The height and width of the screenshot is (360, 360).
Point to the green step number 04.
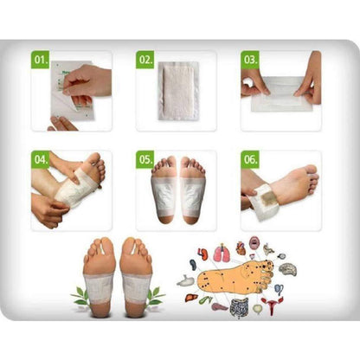point(40,160)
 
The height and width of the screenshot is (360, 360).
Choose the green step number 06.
point(249,160)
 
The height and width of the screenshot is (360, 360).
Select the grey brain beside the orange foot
point(288,269)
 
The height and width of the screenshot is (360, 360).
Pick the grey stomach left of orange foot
point(186,280)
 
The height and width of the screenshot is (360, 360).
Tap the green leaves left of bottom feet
point(81,295)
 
